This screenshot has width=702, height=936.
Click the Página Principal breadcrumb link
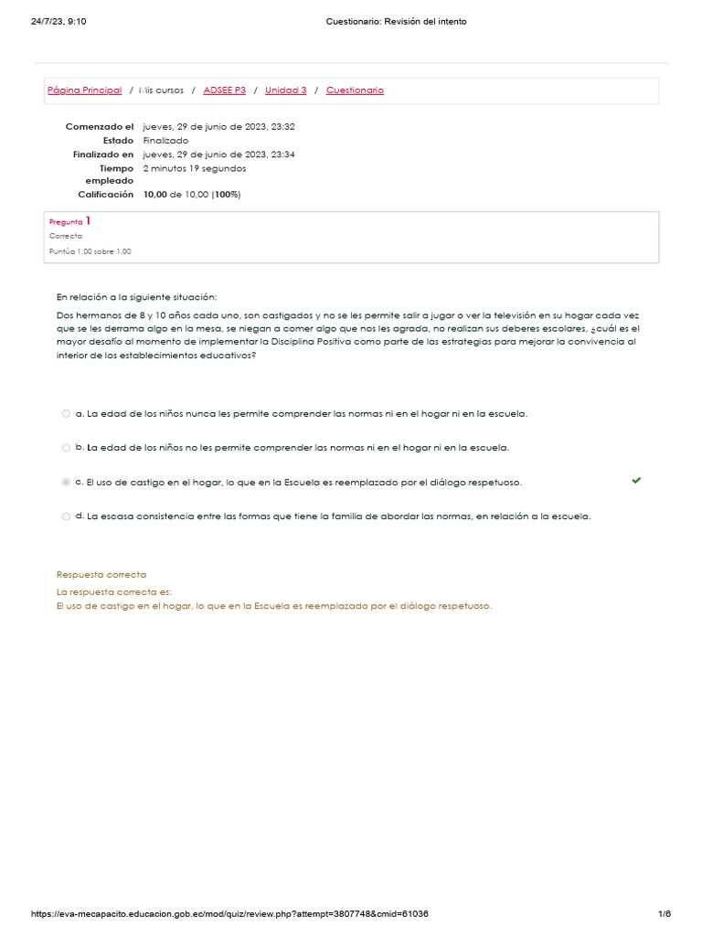(84, 90)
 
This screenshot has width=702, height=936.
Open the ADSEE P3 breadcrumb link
(225, 90)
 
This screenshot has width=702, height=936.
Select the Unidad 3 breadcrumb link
(286, 90)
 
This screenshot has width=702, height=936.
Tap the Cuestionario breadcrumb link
(355, 90)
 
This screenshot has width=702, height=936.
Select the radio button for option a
(66, 414)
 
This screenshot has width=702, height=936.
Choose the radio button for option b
(66, 448)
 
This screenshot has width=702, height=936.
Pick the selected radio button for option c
(66, 482)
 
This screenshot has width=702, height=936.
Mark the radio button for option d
(66, 516)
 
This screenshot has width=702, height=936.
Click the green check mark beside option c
(636, 480)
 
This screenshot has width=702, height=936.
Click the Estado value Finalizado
(165, 141)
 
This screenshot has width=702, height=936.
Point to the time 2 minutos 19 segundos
(194, 168)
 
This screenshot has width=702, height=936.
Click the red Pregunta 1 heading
(69, 221)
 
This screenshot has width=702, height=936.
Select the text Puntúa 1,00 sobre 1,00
(90, 251)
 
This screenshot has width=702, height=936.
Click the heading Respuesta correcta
(101, 574)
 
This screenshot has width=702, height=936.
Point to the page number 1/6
(665, 914)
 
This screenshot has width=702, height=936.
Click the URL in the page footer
(229, 914)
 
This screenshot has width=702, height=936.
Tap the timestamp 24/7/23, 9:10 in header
(58, 22)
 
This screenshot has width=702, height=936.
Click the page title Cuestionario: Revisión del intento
(396, 22)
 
